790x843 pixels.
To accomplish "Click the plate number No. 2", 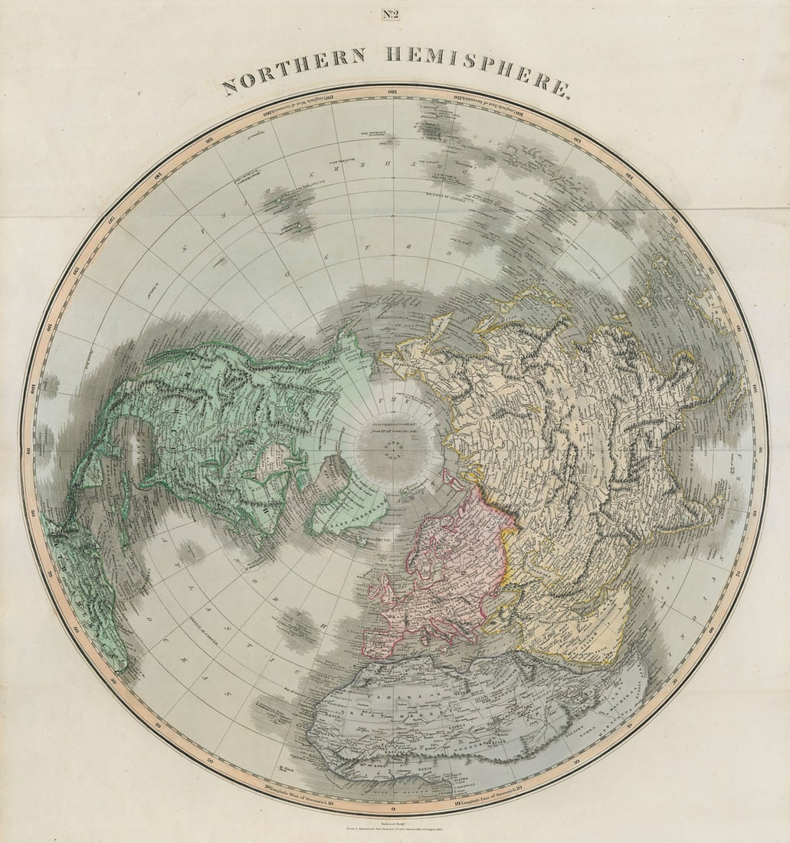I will tap(391, 13).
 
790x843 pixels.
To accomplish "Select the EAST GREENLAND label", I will tap(341, 520).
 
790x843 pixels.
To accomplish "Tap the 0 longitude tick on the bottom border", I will tap(392, 809).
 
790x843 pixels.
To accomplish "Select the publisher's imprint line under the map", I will tap(392, 831).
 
